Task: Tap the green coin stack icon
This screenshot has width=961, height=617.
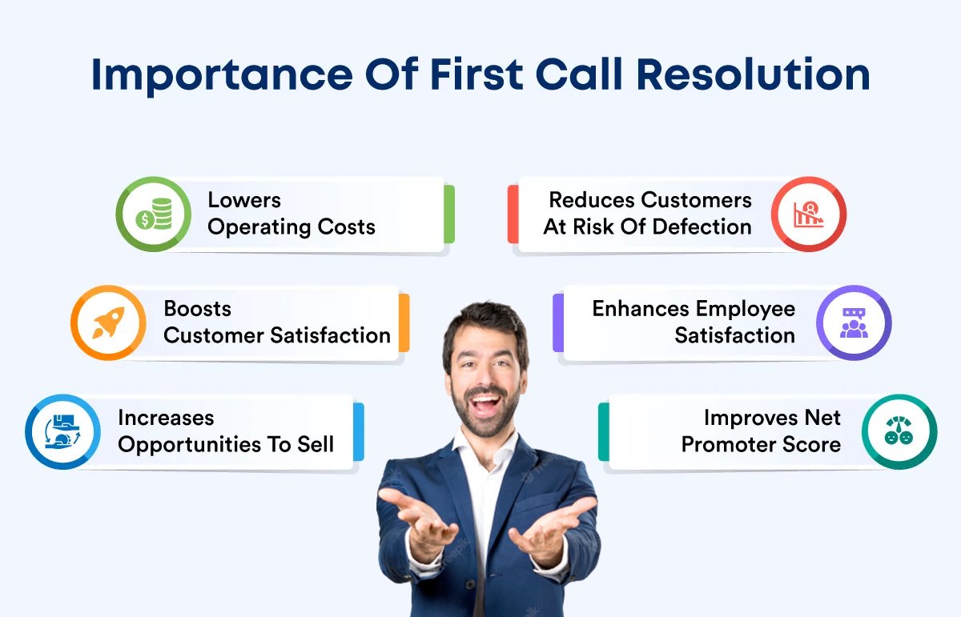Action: pyautogui.click(x=153, y=214)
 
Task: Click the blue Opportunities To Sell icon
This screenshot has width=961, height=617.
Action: pyautogui.click(x=62, y=432)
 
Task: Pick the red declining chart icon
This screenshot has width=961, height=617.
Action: pyautogui.click(x=808, y=214)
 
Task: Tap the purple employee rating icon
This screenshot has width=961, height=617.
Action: pyautogui.click(x=854, y=323)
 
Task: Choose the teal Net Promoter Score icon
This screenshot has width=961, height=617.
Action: pyautogui.click(x=899, y=432)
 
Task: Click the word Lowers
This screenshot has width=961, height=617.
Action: pyautogui.click(x=244, y=200)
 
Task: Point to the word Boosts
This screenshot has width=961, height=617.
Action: pyautogui.click(x=197, y=309)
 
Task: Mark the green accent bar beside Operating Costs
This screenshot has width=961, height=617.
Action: pyautogui.click(x=449, y=214)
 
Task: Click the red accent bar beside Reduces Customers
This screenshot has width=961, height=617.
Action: pyautogui.click(x=513, y=214)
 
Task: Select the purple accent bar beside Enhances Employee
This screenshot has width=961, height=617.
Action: pyautogui.click(x=557, y=323)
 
